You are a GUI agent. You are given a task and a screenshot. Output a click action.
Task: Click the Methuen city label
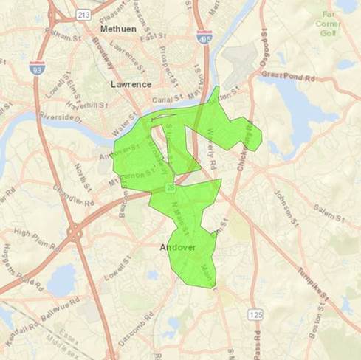118,28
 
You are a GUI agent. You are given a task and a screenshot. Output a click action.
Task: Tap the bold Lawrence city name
131,84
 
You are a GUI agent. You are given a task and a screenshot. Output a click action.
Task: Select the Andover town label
178,248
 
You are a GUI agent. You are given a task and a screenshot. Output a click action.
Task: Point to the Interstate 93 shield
35,68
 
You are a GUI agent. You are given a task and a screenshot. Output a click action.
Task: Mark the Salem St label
329,214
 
